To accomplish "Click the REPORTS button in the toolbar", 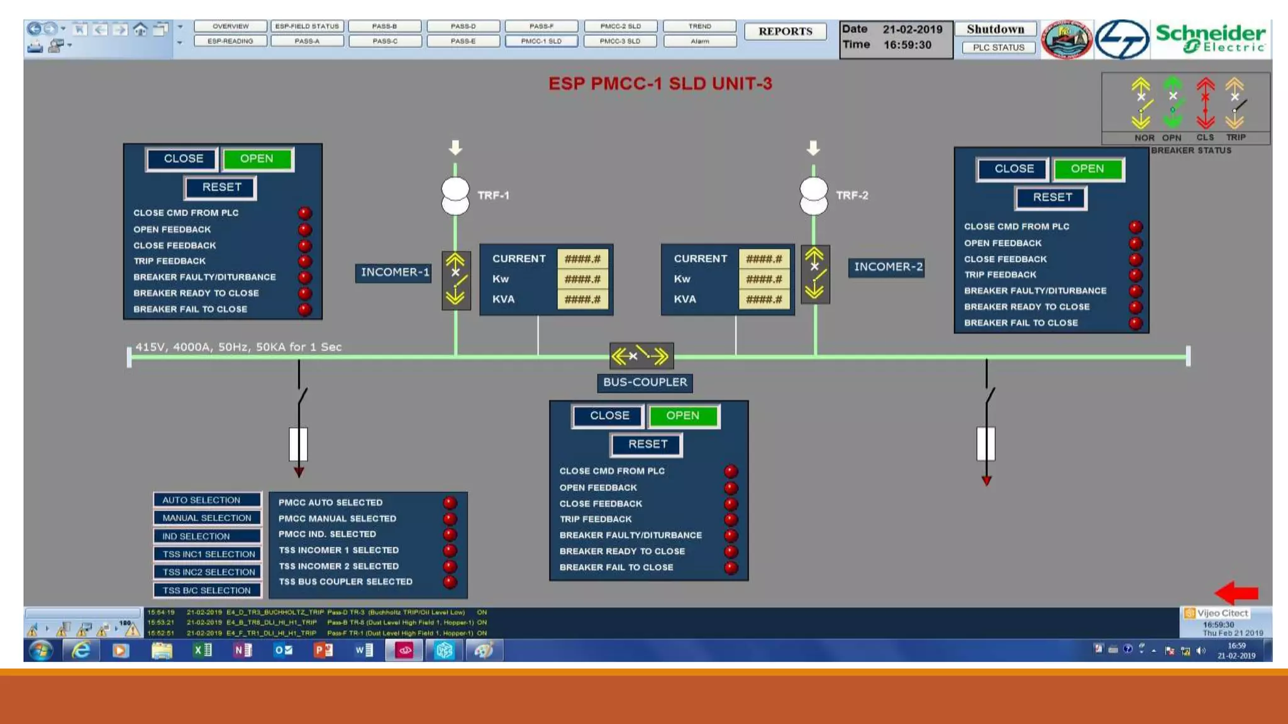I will (x=785, y=31).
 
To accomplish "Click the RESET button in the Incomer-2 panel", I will (x=1052, y=197).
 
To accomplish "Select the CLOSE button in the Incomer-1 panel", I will (x=183, y=159).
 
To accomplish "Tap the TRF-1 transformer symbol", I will (x=455, y=196).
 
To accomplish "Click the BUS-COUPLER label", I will (x=645, y=382).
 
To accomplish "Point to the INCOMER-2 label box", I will (x=887, y=267).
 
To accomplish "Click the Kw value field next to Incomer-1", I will (x=582, y=279).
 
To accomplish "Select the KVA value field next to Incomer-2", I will (x=763, y=299).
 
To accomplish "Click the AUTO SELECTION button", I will (x=207, y=500).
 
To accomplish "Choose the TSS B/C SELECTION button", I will (x=207, y=591).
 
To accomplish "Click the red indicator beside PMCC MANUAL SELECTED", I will (x=450, y=519).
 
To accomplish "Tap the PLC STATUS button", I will (x=998, y=48).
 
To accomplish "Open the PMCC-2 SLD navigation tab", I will (x=620, y=26).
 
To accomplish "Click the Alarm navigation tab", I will (x=699, y=41).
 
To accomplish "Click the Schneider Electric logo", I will (x=1211, y=39).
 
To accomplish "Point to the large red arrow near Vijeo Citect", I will (x=1236, y=593).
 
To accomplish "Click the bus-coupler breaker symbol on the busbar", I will (x=641, y=356).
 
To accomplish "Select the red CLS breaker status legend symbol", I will (x=1205, y=104).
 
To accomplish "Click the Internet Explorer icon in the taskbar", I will (x=81, y=650).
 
